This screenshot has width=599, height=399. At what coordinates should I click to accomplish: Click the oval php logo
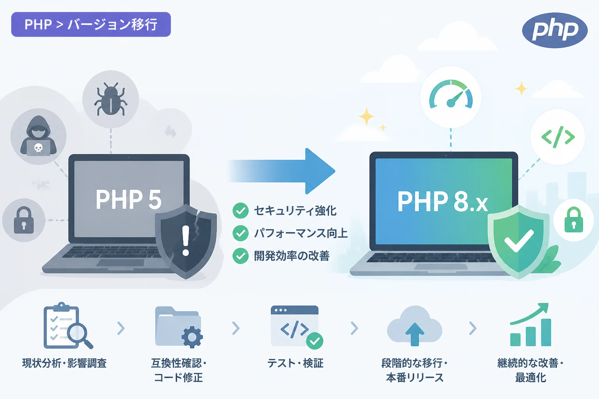click(x=555, y=30)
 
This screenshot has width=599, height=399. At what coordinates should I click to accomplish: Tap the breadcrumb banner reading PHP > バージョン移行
click(x=91, y=24)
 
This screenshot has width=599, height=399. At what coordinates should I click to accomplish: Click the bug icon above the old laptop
click(x=110, y=99)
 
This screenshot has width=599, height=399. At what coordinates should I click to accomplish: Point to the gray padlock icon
click(x=24, y=220)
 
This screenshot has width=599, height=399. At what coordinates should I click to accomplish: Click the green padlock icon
click(x=574, y=220)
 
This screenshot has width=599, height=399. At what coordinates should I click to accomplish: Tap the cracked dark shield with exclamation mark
click(x=186, y=240)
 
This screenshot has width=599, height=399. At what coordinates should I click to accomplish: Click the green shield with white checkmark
click(x=519, y=242)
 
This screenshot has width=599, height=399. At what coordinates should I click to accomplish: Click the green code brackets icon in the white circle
click(x=558, y=137)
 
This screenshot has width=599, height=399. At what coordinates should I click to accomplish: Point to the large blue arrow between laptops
click(x=281, y=171)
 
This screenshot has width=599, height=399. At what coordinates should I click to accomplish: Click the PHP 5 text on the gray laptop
click(x=129, y=199)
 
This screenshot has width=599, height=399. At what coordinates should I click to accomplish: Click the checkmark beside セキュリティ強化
click(x=240, y=210)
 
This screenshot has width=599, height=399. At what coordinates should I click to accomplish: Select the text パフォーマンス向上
click(x=301, y=233)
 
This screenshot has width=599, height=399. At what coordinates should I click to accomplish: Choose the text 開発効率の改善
click(x=292, y=256)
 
